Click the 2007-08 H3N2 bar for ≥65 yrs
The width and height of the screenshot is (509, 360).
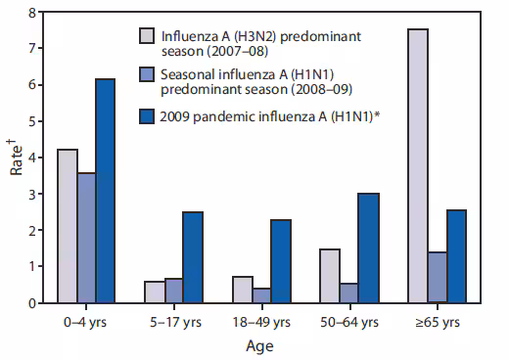(418, 166)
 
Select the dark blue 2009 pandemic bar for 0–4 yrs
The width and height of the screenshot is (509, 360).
(105, 191)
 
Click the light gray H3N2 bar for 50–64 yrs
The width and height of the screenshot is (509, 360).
(329, 276)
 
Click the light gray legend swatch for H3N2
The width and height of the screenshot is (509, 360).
(148, 37)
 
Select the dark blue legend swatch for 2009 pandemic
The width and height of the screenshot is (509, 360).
(148, 117)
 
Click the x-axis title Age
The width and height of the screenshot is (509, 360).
(259, 344)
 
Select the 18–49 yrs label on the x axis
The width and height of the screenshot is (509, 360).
(259, 321)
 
